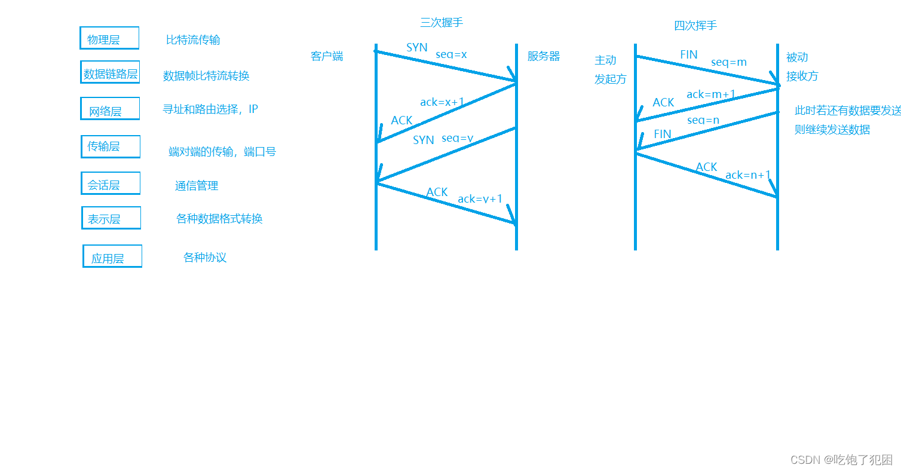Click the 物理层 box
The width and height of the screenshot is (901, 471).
coord(109,38)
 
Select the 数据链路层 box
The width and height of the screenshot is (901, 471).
coord(110,72)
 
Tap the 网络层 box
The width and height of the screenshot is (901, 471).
coord(110,109)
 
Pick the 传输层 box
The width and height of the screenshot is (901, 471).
coord(111,146)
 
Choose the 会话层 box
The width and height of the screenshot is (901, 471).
coord(111,183)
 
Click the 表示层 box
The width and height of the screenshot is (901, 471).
coord(111,218)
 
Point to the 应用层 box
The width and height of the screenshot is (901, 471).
coord(112,256)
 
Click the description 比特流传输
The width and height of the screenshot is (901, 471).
coord(193,40)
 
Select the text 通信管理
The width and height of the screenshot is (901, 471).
coord(197,186)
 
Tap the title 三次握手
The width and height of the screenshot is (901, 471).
coord(442,23)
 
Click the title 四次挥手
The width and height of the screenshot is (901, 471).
coord(695,26)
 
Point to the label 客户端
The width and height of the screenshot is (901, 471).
coord(327,57)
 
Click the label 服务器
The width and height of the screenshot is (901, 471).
coord(544,57)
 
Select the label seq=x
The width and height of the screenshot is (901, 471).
coord(451,54)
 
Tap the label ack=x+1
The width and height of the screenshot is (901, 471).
coord(442,102)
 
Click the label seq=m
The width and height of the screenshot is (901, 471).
coord(729,62)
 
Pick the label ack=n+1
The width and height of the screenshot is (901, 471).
coord(748,175)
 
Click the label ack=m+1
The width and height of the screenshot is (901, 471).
coord(711,94)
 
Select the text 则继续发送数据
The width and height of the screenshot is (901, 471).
coord(832,130)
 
